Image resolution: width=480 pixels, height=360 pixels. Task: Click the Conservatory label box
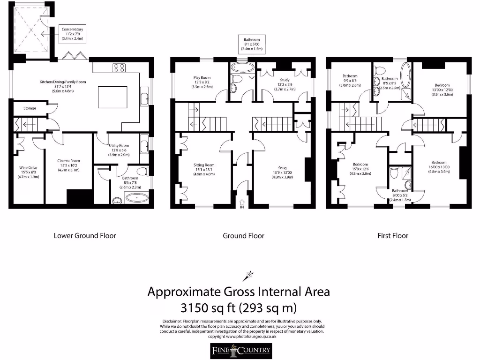coord(72,34)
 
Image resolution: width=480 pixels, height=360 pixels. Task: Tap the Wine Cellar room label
coord(28,172)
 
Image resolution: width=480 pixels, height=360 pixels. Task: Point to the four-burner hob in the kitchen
coord(118,67)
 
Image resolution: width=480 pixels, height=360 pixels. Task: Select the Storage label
coord(30,108)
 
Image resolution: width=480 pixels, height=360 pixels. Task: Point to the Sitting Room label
coord(204,169)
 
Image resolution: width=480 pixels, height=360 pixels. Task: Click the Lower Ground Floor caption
coord(85,236)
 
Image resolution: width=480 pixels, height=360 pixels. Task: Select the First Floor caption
coord(393,236)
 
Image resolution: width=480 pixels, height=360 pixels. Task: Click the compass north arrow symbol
coord(248,275)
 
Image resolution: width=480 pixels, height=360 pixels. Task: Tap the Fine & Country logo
coord(240,350)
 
